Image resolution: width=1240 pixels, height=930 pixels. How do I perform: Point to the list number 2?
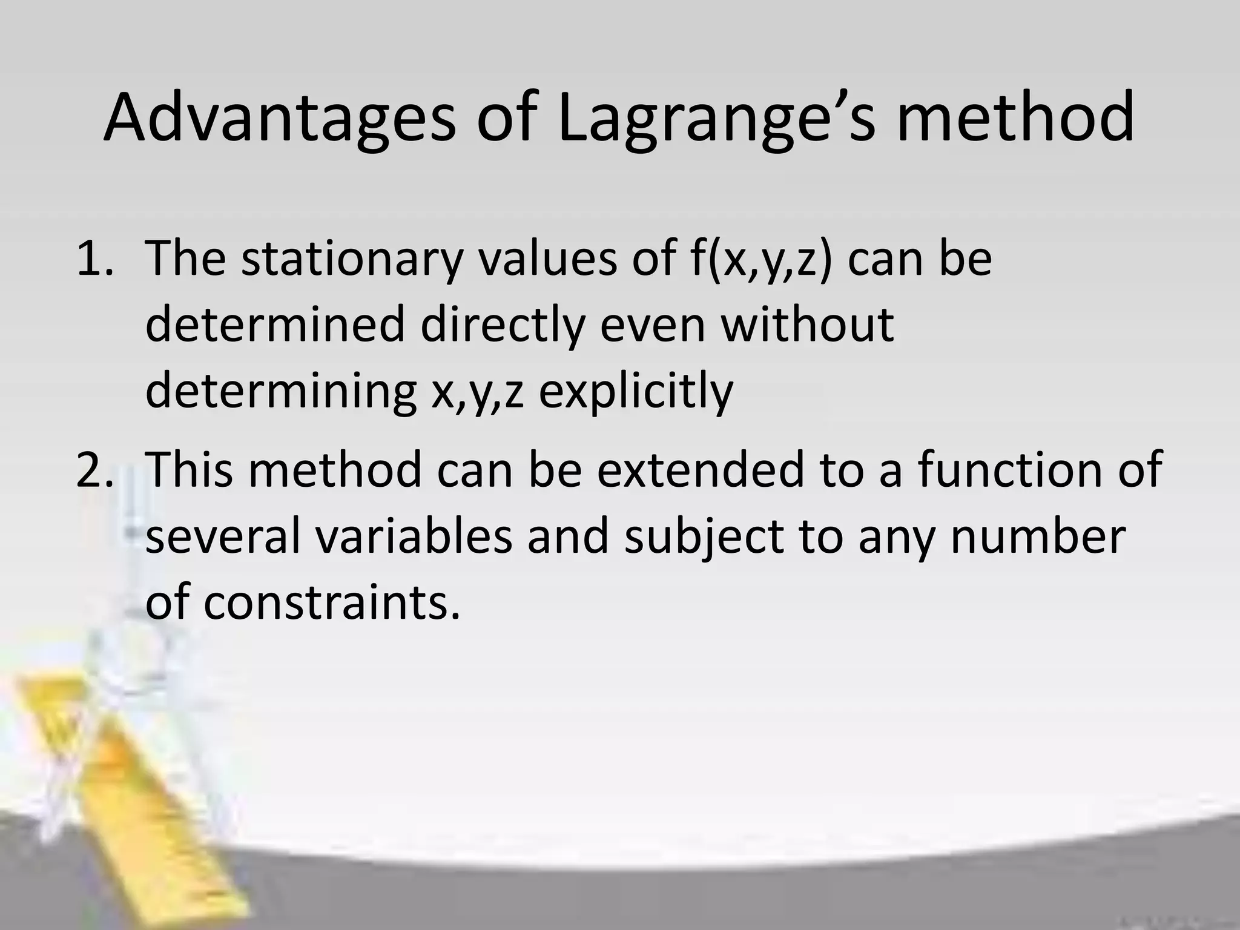(x=94, y=470)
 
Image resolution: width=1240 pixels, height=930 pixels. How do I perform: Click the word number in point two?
(x=1038, y=537)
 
